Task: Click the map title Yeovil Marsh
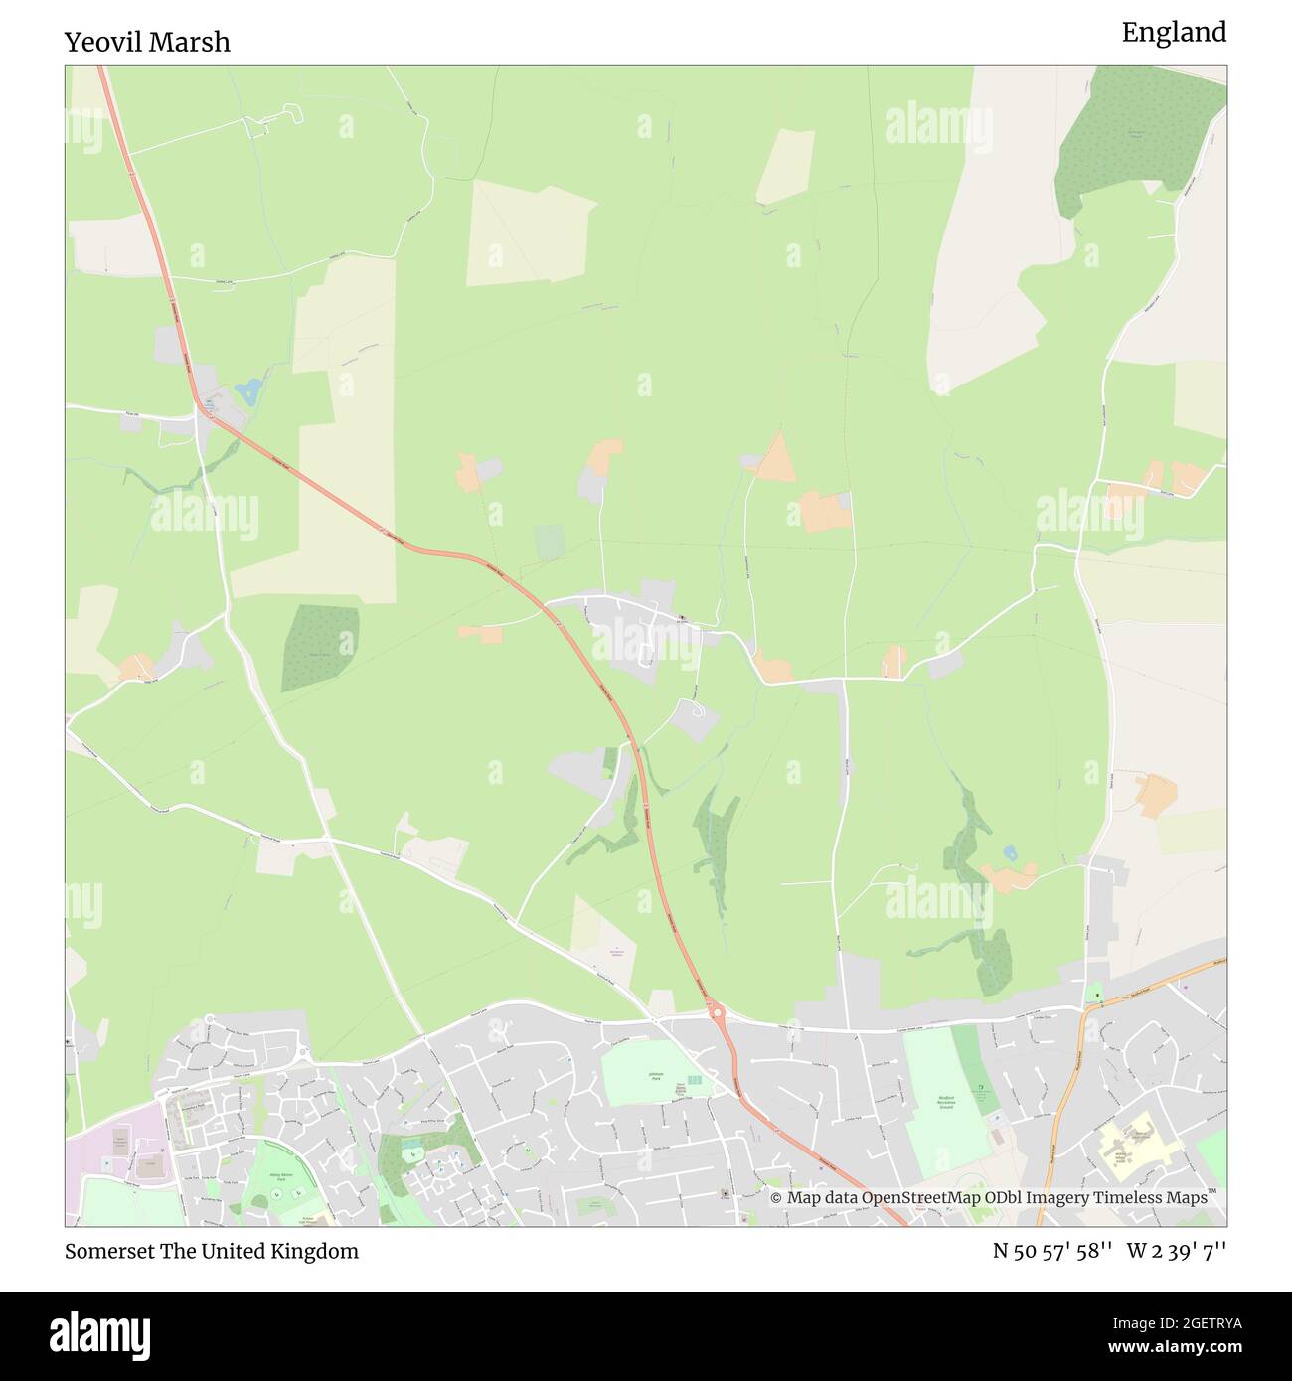pos(147,42)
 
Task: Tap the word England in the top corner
pos(1174,33)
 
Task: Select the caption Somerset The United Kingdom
pos(212,1251)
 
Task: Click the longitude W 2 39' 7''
pos(1177,1251)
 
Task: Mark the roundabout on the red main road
pos(716,1013)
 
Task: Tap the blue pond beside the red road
pos(248,389)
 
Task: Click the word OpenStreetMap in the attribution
pos(920,1198)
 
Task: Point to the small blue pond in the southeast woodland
pos(1011,852)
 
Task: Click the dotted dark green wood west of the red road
pos(319,647)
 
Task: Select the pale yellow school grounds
pos(1138,1143)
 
